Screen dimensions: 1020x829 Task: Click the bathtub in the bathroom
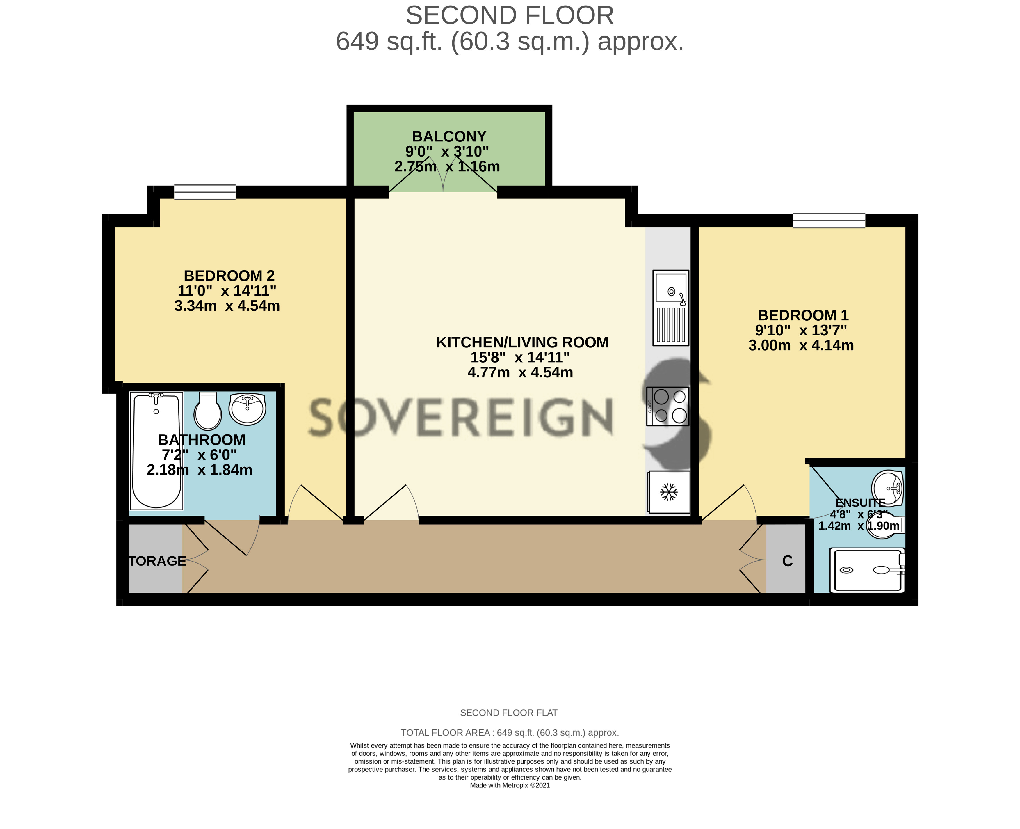[156, 451]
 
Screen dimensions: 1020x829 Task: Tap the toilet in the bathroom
[208, 411]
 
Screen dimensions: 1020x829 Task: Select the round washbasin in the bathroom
[247, 409]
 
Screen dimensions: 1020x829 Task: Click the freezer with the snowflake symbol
[669, 492]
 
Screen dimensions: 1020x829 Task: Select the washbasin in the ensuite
[888, 488]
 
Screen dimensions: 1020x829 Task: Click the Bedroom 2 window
[205, 192]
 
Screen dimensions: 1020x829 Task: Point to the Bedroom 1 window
[829, 221]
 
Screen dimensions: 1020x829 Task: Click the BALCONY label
[449, 136]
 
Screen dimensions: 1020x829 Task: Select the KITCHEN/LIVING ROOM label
[522, 342]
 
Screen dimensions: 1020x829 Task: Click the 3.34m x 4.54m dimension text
[227, 306]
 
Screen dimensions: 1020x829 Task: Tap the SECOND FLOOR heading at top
[510, 15]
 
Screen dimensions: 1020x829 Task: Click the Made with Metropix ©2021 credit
[510, 785]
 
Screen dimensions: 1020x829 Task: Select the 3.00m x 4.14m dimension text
[801, 345]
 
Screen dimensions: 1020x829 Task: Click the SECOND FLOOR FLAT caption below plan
[509, 713]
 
